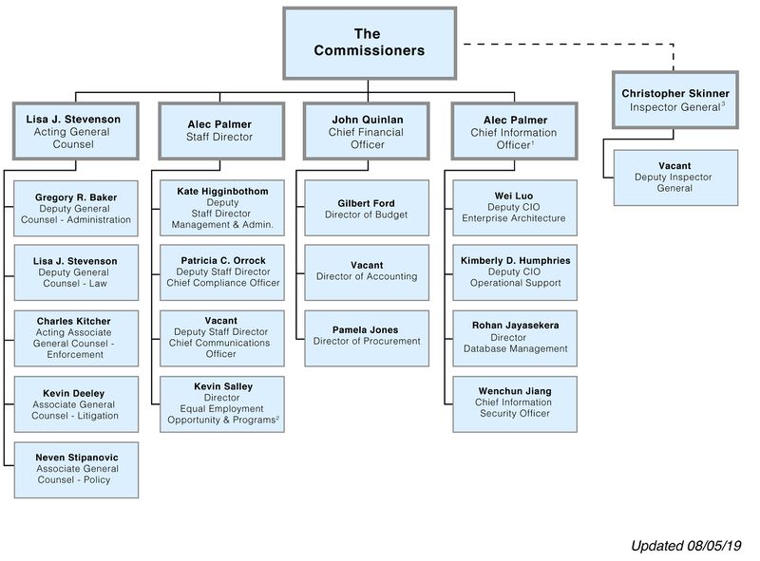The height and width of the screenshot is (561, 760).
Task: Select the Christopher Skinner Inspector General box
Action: point(675,100)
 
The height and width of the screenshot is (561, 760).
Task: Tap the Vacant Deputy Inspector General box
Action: point(675,177)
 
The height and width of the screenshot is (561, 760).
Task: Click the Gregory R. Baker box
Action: point(76,208)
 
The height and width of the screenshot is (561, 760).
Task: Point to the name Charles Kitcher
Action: point(74,322)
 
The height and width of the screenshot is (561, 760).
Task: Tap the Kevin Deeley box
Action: point(76,403)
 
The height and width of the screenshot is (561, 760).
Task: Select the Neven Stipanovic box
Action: point(76,469)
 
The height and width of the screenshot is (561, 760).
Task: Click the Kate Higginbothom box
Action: point(222,208)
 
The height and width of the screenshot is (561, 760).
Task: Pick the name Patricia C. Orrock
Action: point(222,260)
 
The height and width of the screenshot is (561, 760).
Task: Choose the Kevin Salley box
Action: point(222,403)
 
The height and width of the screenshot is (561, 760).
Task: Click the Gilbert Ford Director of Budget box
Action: point(366,208)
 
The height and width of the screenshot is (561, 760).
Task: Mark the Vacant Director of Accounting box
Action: point(366,271)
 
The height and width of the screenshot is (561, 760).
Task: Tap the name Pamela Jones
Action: point(366,329)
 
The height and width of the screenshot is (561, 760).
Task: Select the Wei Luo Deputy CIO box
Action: point(514,208)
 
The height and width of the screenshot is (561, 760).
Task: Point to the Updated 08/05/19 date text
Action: point(692,546)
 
